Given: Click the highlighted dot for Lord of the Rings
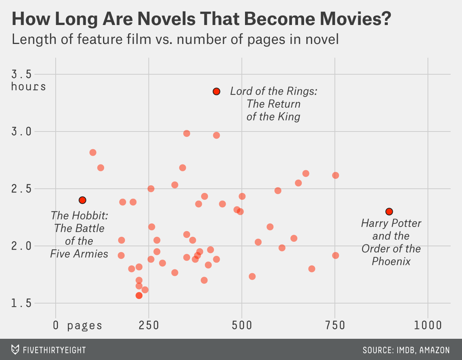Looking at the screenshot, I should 217,91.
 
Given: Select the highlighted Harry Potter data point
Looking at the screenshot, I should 389,211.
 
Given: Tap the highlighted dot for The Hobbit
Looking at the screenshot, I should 83,200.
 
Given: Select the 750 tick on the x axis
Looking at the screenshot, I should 335,325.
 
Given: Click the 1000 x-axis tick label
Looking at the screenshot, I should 428,325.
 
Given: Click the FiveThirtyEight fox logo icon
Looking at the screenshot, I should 15,349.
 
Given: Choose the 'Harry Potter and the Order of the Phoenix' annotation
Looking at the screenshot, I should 391,242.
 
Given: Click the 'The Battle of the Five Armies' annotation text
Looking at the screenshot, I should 79,235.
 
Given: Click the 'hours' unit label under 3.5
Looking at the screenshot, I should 28,87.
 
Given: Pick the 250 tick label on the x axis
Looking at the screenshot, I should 149,325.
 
